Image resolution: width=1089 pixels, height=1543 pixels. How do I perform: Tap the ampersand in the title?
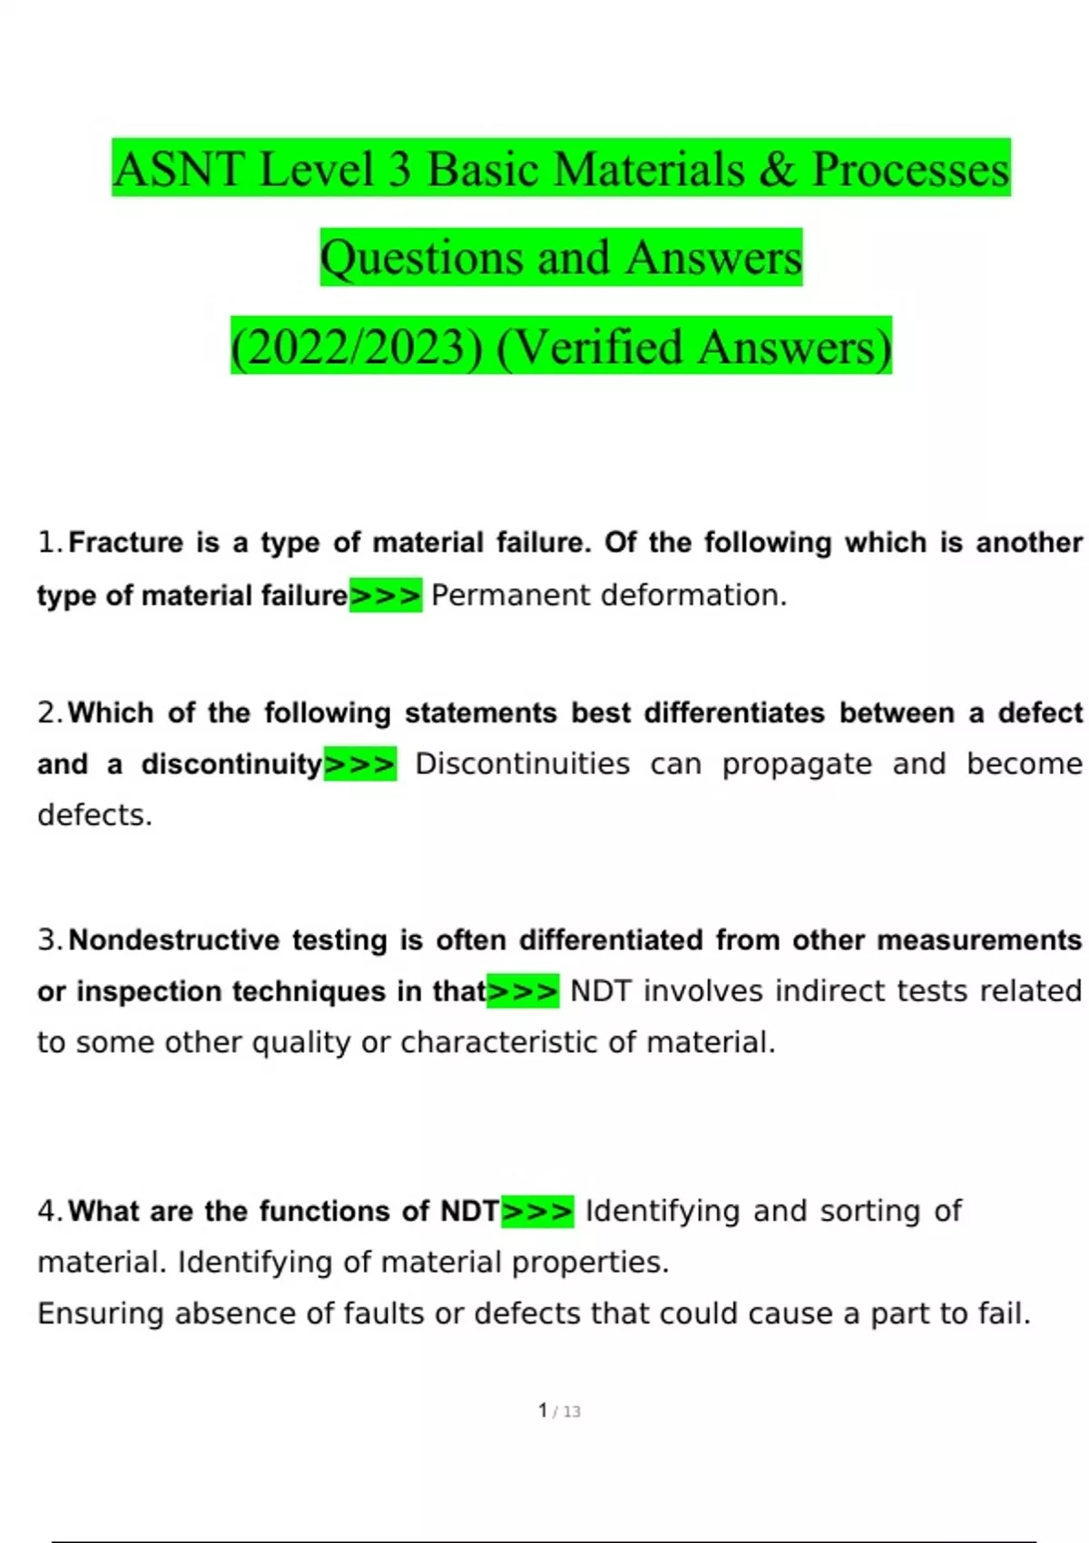(x=778, y=170)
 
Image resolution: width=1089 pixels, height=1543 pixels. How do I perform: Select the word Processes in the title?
(x=910, y=170)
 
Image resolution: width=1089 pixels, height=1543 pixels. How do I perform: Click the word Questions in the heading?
(x=420, y=258)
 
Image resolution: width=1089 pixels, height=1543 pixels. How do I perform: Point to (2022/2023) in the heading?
(x=357, y=348)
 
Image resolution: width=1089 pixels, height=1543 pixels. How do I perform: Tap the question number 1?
(x=47, y=543)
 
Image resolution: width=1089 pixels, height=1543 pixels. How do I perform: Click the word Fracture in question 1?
(x=126, y=543)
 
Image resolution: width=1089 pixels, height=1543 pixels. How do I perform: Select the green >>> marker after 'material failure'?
(x=386, y=595)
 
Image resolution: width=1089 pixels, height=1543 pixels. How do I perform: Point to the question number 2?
(x=48, y=713)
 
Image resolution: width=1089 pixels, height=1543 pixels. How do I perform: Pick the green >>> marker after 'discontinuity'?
(x=360, y=764)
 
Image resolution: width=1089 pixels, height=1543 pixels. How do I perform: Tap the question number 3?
(x=48, y=940)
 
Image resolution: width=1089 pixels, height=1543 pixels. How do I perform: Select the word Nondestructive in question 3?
(x=174, y=940)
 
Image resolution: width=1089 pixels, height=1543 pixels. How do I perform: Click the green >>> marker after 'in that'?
(x=523, y=991)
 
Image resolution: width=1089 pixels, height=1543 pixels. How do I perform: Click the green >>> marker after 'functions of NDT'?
(x=537, y=1211)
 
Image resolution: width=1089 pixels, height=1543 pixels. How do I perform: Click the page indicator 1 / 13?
(x=559, y=1411)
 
